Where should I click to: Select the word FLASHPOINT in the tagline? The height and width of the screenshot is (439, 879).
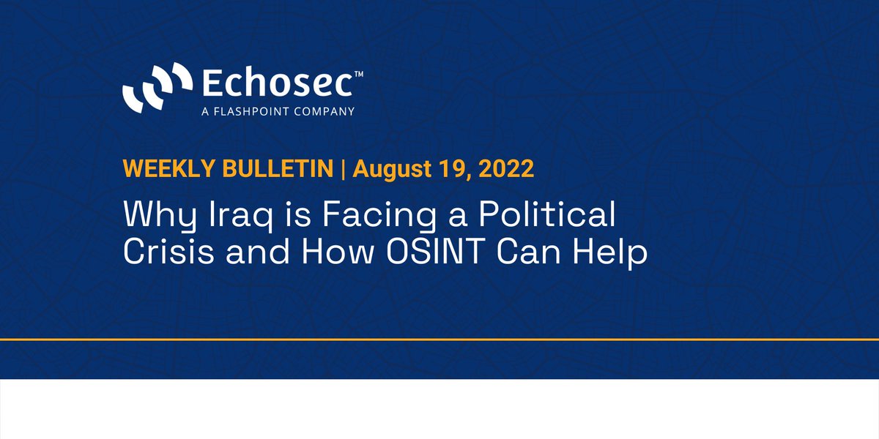246,112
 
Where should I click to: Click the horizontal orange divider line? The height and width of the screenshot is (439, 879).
439,339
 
